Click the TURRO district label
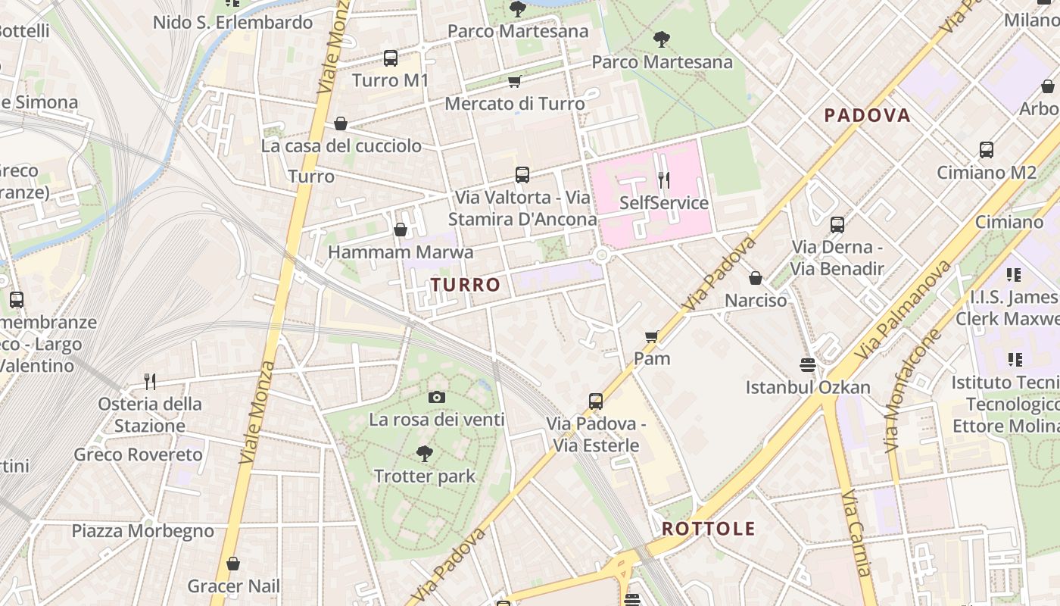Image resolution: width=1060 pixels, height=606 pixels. (466, 285)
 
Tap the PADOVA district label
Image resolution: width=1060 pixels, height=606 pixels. (867, 115)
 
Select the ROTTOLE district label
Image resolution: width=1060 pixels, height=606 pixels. (708, 529)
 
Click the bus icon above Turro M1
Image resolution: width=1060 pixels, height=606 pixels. (391, 58)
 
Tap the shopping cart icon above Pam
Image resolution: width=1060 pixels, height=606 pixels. (651, 336)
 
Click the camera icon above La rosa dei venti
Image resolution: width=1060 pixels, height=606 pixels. (436, 397)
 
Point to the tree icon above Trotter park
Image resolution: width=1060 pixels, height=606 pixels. (425, 454)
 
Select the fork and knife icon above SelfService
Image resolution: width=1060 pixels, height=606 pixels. (664, 180)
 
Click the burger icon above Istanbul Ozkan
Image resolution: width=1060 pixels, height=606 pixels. (807, 365)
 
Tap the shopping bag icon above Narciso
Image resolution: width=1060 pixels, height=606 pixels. (755, 278)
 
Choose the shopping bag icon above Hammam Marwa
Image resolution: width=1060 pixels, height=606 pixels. (401, 229)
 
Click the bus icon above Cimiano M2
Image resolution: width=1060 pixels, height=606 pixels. (986, 150)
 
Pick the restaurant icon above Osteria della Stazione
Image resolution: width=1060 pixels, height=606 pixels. (150, 381)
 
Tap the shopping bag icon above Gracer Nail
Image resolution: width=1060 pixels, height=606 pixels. (233, 564)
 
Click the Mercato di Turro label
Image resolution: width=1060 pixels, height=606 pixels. (515, 104)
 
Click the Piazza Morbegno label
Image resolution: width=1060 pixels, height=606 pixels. (143, 531)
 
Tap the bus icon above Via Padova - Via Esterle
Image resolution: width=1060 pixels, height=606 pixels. (596, 401)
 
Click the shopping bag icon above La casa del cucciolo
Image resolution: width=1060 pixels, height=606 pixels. (341, 123)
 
